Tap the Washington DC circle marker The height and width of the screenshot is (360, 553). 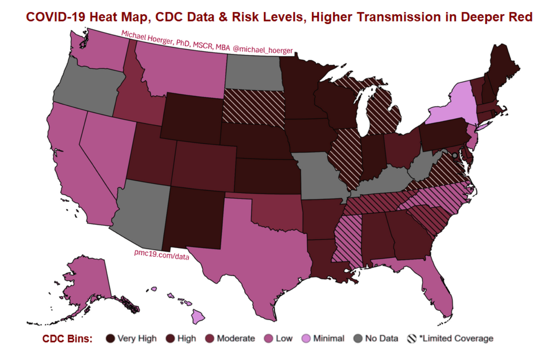point(454,149)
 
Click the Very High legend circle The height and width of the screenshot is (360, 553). point(111,338)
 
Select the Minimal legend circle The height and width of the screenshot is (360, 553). point(310,338)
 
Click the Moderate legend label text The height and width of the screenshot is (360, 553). point(236,338)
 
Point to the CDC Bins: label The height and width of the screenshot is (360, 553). point(67,338)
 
